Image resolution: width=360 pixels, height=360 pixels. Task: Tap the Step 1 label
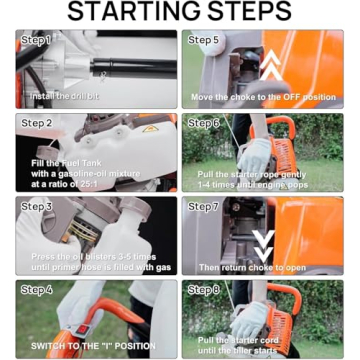pyautogui.click(x=36, y=40)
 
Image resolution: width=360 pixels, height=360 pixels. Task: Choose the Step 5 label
pyautogui.click(x=204, y=40)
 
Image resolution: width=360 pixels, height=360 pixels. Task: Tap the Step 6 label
pyautogui.click(x=204, y=123)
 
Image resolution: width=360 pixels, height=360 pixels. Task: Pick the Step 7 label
pyautogui.click(x=204, y=207)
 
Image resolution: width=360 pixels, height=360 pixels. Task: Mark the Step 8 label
pyautogui.click(x=204, y=291)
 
